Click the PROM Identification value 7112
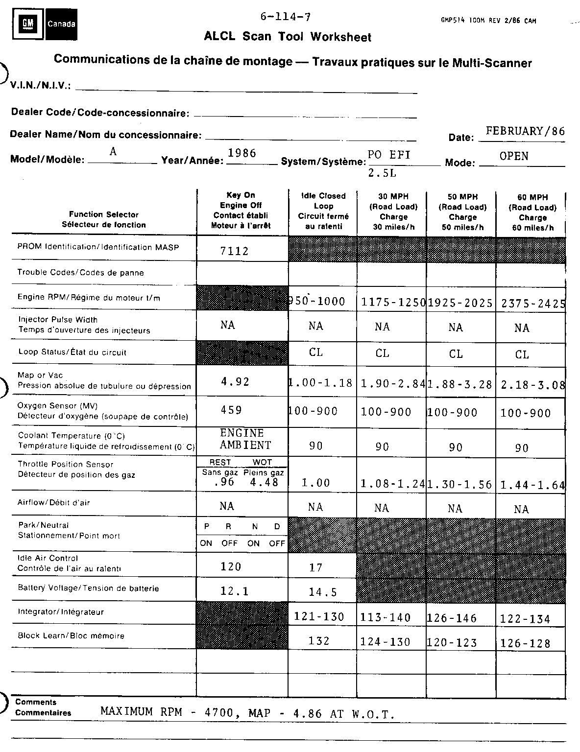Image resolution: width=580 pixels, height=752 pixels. coord(234,251)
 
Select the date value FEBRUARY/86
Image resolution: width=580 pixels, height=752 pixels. coord(525,131)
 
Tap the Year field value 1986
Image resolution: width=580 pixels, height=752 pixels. coord(242,153)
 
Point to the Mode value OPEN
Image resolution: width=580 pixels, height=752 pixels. coord(514,156)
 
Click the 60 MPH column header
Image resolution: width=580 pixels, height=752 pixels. coord(532,212)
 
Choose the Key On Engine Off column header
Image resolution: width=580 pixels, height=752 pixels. coord(241,211)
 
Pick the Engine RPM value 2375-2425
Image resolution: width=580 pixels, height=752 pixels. coord(533,304)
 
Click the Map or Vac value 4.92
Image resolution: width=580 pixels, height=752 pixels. coord(236,382)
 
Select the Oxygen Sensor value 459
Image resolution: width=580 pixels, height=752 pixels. coord(231,410)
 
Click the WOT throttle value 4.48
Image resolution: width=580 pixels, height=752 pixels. coord(264,482)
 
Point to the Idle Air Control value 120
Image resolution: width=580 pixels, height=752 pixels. coord(231,567)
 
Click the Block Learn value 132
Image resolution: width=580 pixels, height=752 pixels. coord(319,641)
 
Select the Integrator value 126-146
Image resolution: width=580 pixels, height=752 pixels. coord(452,618)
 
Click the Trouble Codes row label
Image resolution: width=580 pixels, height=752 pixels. coord(80,273)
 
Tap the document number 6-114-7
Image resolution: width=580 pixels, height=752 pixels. coord(285,17)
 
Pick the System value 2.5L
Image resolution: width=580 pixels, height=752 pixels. coord(382,173)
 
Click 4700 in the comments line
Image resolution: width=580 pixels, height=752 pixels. coord(218,712)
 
